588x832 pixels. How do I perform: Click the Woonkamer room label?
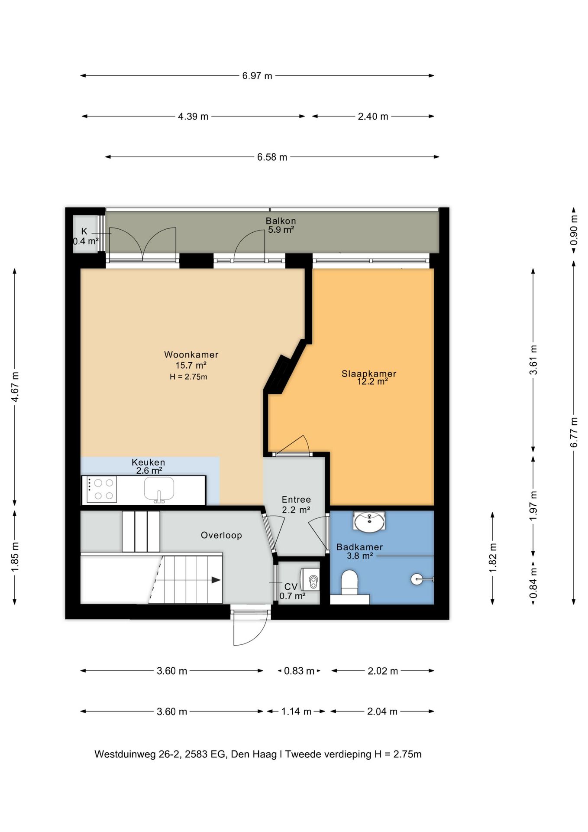pyautogui.click(x=191, y=354)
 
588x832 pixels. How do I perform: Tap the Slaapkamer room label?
pyautogui.click(x=368, y=374)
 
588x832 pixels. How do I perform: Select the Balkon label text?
pyautogui.click(x=281, y=221)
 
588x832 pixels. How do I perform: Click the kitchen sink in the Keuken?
pyautogui.click(x=159, y=490)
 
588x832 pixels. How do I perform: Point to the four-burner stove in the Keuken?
pyautogui.click(x=102, y=489)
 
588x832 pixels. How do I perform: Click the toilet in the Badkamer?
pyautogui.click(x=350, y=583)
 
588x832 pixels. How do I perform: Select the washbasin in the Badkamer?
pyautogui.click(x=369, y=521)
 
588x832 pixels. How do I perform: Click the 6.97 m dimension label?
pyautogui.click(x=257, y=76)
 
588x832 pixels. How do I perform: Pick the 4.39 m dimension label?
pyautogui.click(x=193, y=117)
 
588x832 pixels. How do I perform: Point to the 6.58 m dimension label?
pyautogui.click(x=272, y=157)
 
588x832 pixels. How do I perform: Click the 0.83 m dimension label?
pyautogui.click(x=299, y=671)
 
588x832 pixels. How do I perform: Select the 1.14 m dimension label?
pyautogui.click(x=296, y=712)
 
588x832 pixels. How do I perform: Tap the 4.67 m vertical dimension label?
pyautogui.click(x=15, y=387)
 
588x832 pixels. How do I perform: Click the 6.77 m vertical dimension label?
pyautogui.click(x=574, y=432)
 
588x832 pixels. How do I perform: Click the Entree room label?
pyautogui.click(x=296, y=500)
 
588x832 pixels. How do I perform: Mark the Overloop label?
pyautogui.click(x=221, y=535)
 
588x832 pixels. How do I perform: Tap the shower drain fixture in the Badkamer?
pyautogui.click(x=417, y=579)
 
